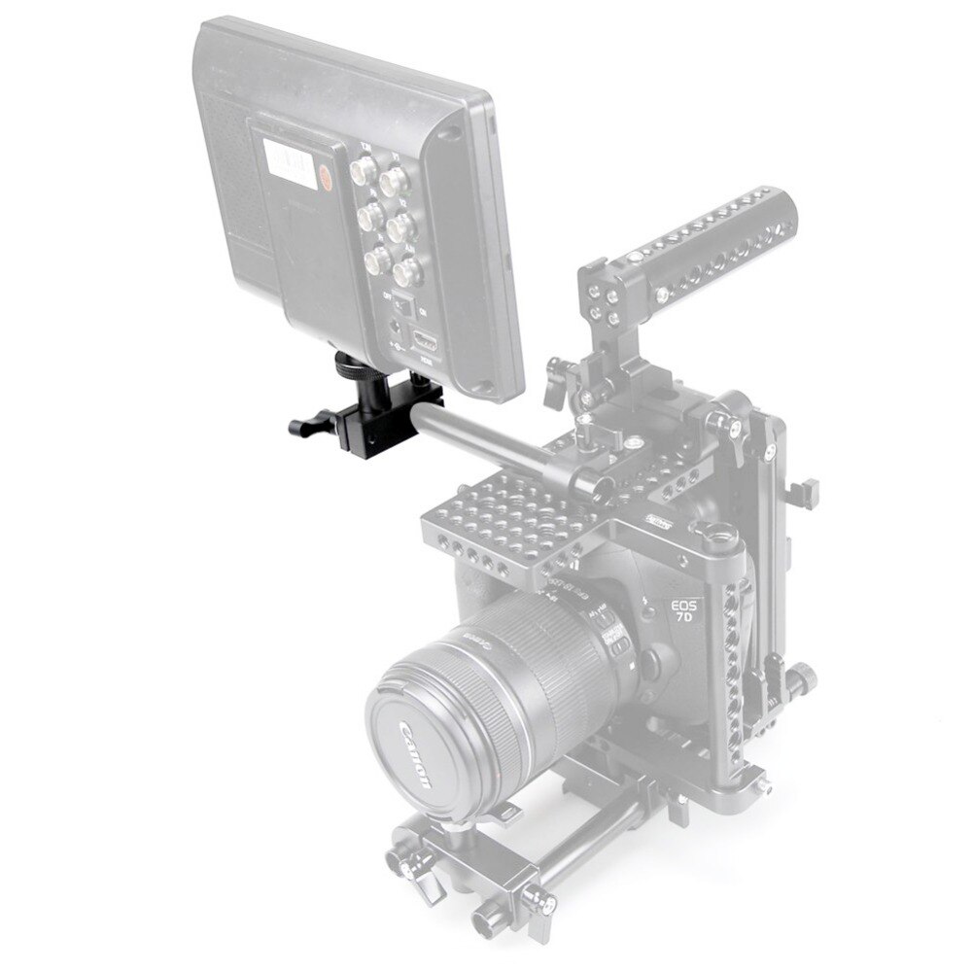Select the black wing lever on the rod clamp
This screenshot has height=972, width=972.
[310, 426]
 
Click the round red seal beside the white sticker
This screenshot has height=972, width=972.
[328, 176]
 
